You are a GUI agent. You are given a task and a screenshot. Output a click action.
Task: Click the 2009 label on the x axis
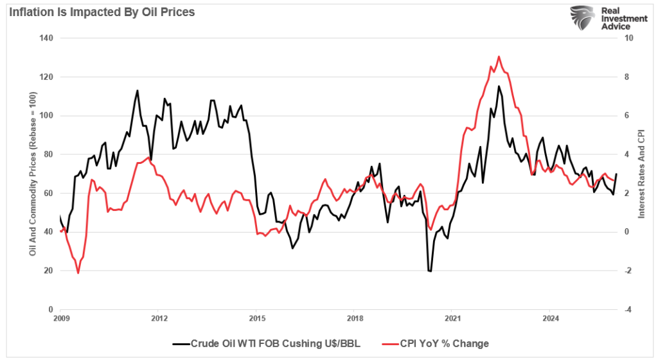click(60, 318)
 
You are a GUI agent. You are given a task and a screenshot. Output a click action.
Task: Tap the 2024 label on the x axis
click(551, 318)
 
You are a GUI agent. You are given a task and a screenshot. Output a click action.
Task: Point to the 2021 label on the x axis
click(452, 318)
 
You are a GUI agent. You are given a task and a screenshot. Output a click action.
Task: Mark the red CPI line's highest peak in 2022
click(499, 57)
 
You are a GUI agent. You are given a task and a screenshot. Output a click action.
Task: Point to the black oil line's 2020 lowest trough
click(429, 271)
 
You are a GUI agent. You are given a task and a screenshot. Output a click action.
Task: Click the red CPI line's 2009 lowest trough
click(78, 273)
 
